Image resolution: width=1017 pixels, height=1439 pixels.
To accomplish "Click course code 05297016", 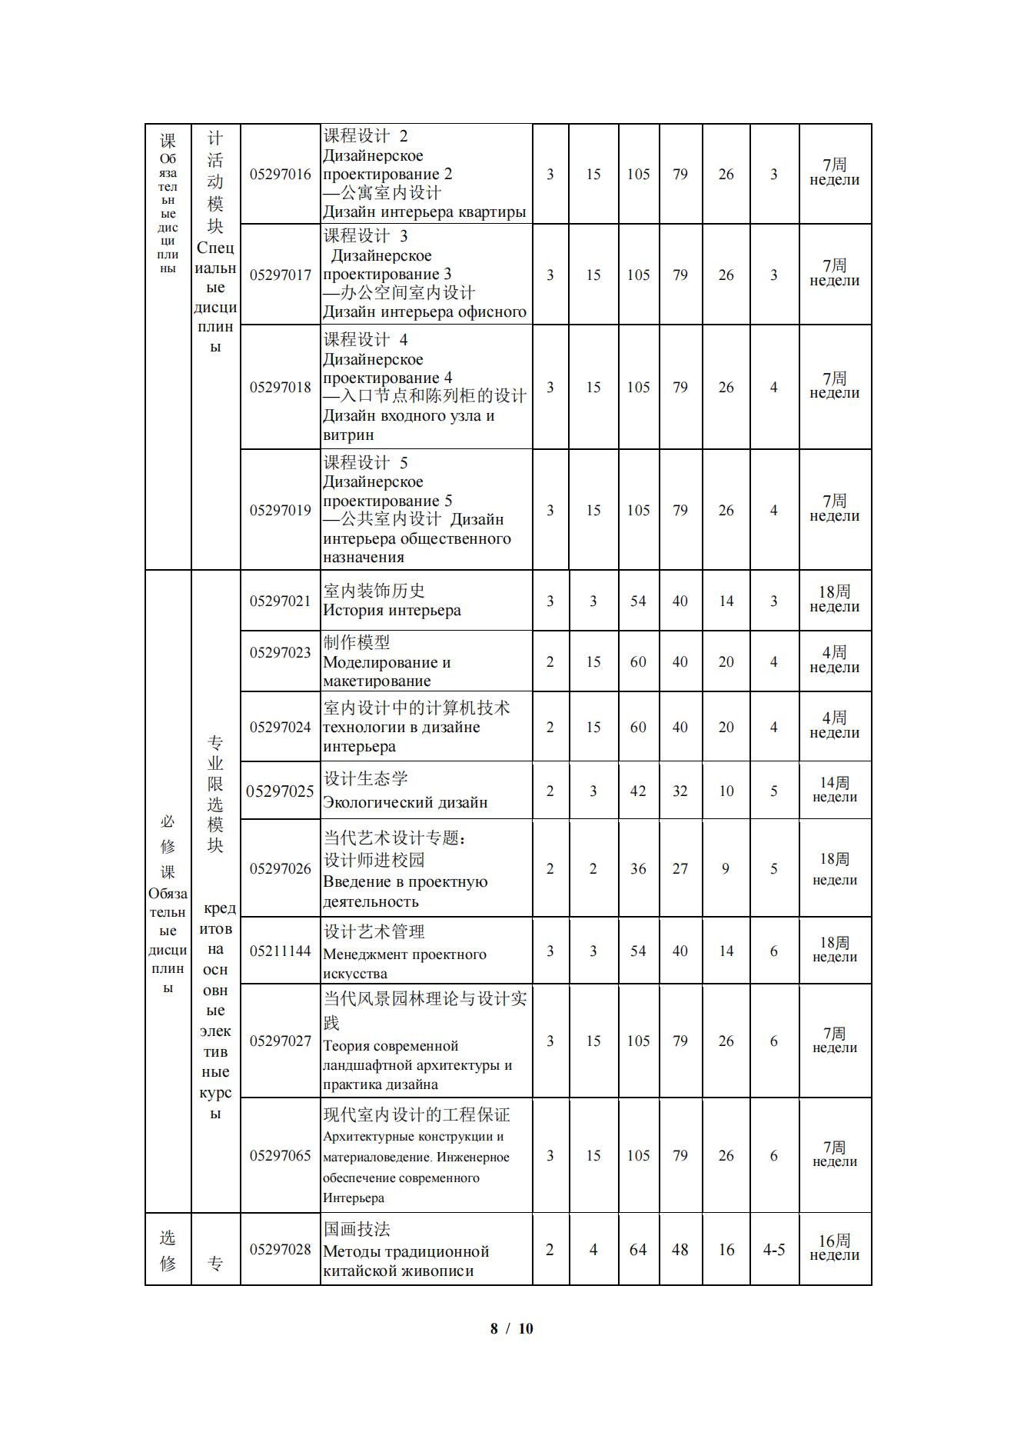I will pyautogui.click(x=280, y=175).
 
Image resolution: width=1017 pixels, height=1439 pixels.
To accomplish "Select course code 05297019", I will pyautogui.click(x=280, y=511).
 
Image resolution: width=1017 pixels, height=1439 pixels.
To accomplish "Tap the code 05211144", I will pyautogui.click(x=280, y=951).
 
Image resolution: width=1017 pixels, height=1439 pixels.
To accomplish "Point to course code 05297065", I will pyautogui.click(x=280, y=1156).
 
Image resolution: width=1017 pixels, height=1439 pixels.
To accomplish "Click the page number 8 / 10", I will pyautogui.click(x=511, y=1328).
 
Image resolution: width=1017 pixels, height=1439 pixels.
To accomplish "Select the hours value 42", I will pyautogui.click(x=638, y=791).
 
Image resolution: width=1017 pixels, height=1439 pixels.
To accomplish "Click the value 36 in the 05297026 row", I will pyautogui.click(x=638, y=869).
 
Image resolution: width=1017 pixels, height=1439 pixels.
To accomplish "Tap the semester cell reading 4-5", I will pyautogui.click(x=773, y=1251).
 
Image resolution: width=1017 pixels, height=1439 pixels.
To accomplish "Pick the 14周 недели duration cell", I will pyautogui.click(x=834, y=790).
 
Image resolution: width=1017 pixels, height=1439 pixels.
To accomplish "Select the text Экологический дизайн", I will pyautogui.click(x=405, y=803).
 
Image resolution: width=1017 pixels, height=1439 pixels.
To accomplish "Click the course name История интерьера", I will pyautogui.click(x=392, y=611).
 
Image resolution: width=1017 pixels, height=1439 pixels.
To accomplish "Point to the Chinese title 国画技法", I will pyautogui.click(x=357, y=1229).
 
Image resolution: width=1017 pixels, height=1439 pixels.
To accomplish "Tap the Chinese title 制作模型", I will pyautogui.click(x=357, y=642).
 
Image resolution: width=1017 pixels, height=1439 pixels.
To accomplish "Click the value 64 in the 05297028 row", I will pyautogui.click(x=638, y=1251).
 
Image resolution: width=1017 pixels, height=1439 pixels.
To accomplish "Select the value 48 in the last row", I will pyautogui.click(x=680, y=1251).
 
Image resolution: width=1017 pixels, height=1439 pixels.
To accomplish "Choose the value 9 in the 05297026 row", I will pyautogui.click(x=726, y=869).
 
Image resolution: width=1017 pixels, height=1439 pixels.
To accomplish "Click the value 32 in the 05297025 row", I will pyautogui.click(x=680, y=791).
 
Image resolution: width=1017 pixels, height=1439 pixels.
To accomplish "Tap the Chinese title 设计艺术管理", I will pyautogui.click(x=374, y=932).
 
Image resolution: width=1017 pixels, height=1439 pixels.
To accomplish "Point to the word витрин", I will pyautogui.click(x=348, y=435).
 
